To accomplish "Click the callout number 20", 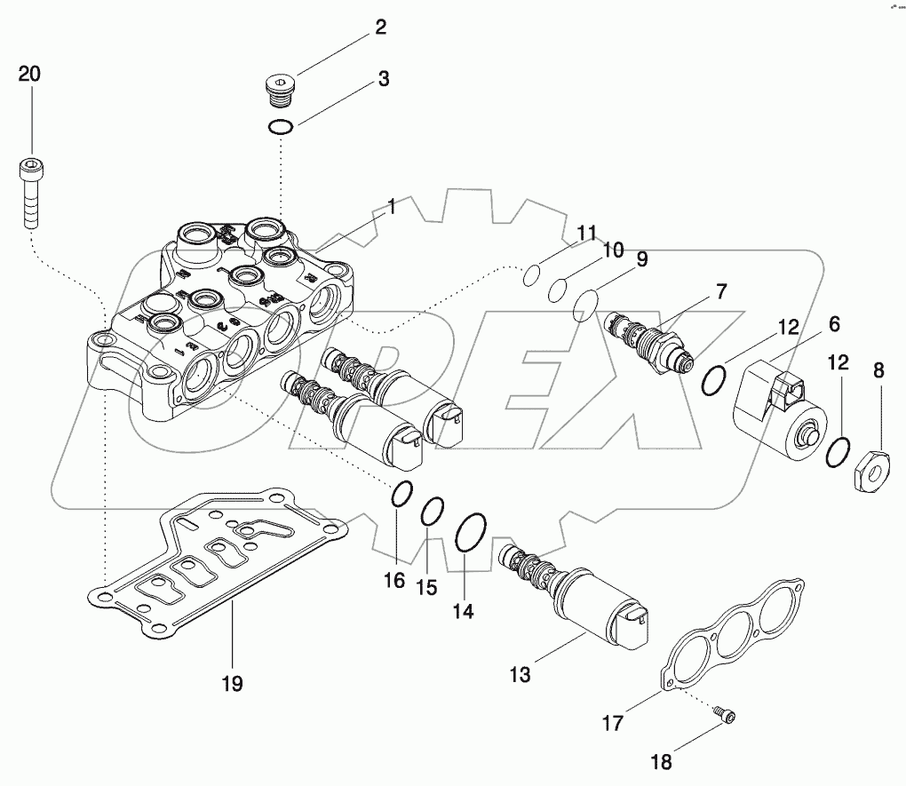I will point(29,75).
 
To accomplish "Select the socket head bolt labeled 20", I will point(29,190).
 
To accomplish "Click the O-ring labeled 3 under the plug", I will point(281,128).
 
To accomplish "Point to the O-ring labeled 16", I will point(401,494).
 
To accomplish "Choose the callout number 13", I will point(520,675).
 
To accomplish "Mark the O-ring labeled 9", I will point(584,307).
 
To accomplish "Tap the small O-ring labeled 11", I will point(529,276).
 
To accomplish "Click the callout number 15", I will point(427,587).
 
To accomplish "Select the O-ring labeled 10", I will point(558,290).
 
